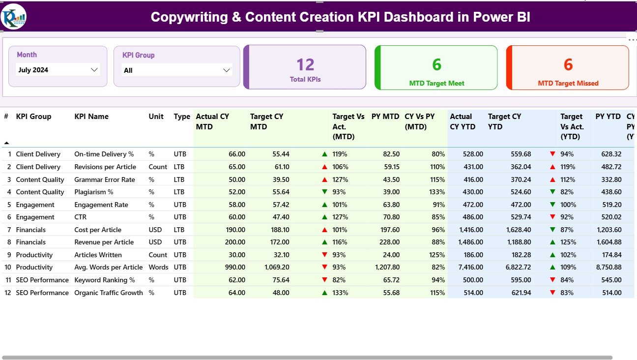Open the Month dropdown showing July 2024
click(58, 70)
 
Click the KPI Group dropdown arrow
click(227, 70)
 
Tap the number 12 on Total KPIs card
click(305, 64)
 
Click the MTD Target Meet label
click(436, 84)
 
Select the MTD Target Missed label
click(568, 84)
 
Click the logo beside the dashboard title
click(13, 17)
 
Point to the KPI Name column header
click(91, 117)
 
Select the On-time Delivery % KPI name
click(104, 154)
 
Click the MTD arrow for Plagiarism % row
click(324, 192)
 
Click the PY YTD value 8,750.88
click(608, 268)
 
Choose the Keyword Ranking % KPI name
click(104, 280)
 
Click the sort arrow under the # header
click(6, 143)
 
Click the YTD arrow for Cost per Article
click(553, 230)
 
